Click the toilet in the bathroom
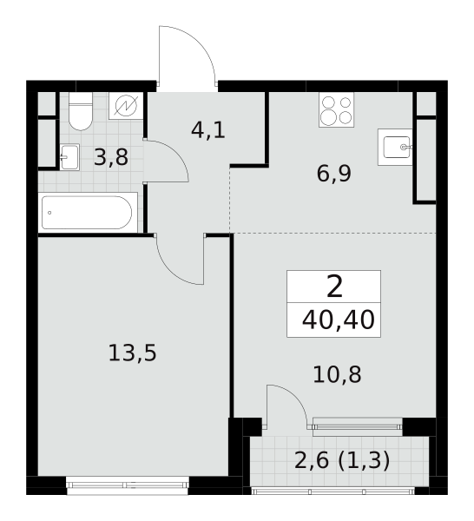pos(81,111)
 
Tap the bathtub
pos(88,213)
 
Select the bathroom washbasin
pos(69,157)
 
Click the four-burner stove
pos(336,109)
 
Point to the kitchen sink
pos(395,147)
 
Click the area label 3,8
pos(110,157)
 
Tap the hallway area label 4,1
pos(208,130)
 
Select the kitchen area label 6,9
pos(334,174)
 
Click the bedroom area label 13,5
pos(132,353)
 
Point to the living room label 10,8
pos(337,374)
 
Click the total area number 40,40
pos(339,320)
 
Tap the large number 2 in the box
pos(334,287)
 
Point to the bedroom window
pos(128,485)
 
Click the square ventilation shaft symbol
pos(126,106)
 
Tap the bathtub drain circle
pos(49,213)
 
